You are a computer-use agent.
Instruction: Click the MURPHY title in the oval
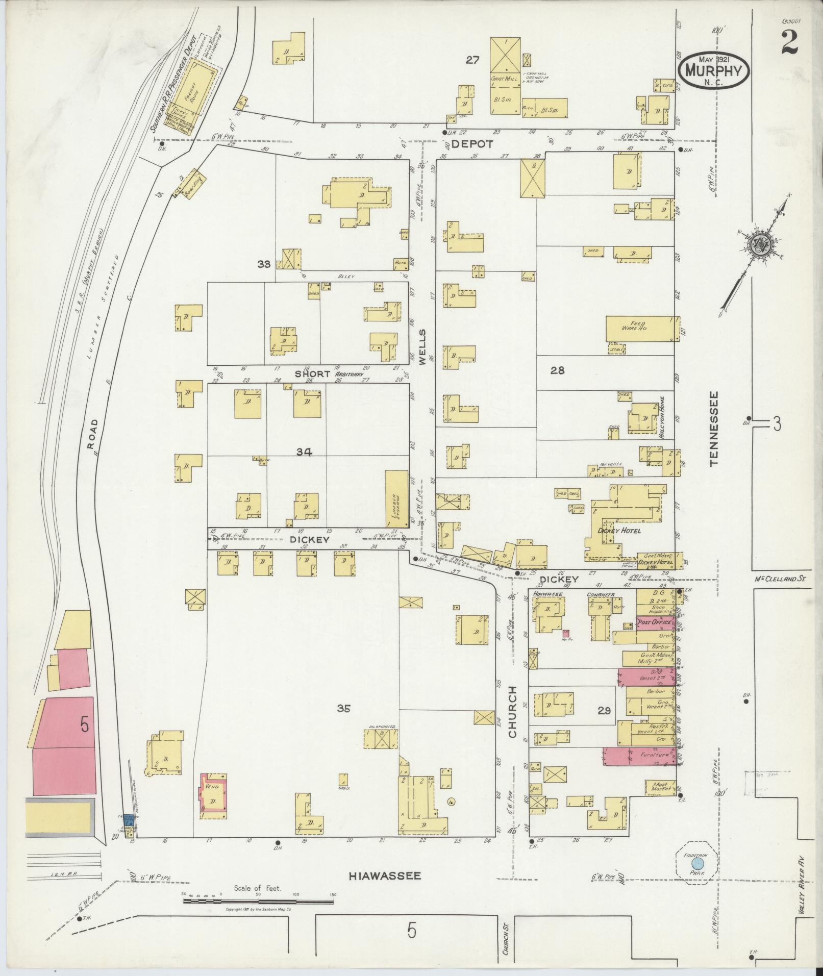[x=713, y=71]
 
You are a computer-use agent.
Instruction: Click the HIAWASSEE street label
[x=385, y=876]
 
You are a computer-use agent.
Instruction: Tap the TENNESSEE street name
[x=713, y=428]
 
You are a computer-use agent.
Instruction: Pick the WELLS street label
[x=422, y=346]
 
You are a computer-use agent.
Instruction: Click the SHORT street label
[x=313, y=374]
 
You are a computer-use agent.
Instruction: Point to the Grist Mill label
[x=505, y=79]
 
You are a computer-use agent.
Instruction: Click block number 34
[x=304, y=451]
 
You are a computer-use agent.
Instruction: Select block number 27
[x=472, y=60]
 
